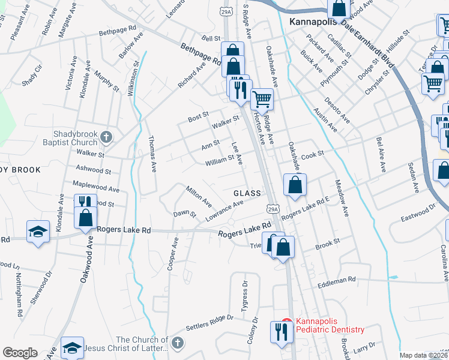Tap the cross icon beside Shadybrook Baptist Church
[106, 137]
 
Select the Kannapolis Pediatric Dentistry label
[327, 326]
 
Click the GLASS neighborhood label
[247, 193]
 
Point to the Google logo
[20, 353]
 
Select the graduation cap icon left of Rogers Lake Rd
[38, 232]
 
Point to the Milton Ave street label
[198, 195]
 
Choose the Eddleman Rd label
[337, 280]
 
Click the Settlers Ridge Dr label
[209, 322]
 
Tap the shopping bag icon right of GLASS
[294, 186]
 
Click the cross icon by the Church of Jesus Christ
[176, 343]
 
